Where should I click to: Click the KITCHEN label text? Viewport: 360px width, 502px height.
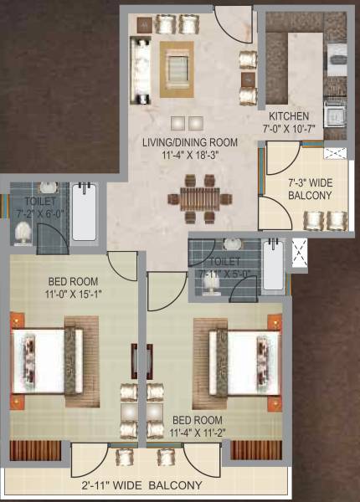click(x=289, y=116)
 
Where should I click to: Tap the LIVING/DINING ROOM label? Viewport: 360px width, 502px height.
click(x=190, y=141)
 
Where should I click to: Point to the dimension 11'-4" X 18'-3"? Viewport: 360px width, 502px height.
click(x=190, y=154)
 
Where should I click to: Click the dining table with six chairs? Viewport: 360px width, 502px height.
click(x=199, y=197)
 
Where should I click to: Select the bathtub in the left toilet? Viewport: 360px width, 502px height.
click(x=84, y=213)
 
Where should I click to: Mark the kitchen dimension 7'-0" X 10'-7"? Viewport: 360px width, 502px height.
click(x=289, y=129)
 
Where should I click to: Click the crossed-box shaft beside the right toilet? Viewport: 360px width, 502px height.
click(x=299, y=254)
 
